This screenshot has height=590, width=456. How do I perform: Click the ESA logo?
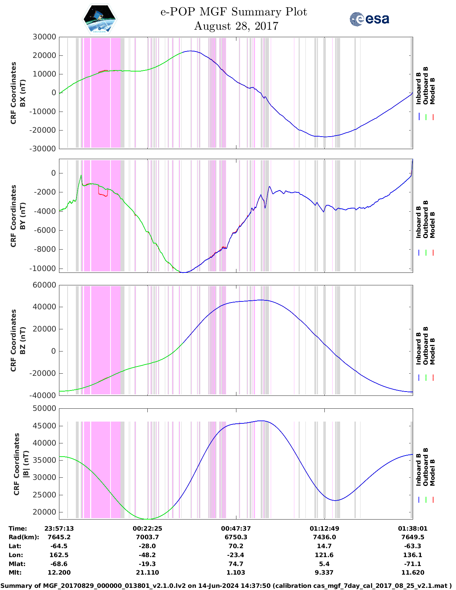[369, 19]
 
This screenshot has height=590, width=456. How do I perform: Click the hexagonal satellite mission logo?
[99, 19]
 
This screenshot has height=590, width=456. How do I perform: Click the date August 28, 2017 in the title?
[236, 26]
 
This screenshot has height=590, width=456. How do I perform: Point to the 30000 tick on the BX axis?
[44, 37]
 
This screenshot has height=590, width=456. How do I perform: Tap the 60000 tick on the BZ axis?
[44, 285]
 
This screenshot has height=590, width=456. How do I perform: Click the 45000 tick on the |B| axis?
[44, 426]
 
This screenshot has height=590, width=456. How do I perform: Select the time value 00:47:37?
[236, 528]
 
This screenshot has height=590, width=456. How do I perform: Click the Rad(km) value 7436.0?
[324, 537]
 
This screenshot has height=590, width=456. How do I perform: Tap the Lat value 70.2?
[236, 546]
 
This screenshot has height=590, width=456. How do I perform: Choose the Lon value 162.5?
[59, 555]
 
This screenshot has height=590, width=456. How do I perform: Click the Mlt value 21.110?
[147, 572]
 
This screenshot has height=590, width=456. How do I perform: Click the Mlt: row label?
[15, 572]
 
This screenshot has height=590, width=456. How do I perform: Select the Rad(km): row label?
[24, 537]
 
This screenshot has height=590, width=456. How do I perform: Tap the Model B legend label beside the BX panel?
[432, 91]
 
